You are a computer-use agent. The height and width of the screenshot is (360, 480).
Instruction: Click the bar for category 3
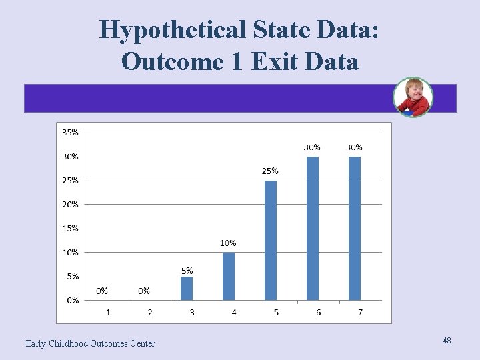(x=187, y=288)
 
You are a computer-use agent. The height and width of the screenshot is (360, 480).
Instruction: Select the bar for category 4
(x=229, y=276)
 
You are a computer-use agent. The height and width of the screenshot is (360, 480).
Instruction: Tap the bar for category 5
(x=271, y=240)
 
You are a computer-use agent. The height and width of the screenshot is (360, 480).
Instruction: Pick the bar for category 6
(x=313, y=228)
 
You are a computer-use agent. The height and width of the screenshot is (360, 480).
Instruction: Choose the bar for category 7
(x=355, y=228)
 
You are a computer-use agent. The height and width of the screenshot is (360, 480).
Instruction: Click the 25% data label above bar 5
(x=270, y=171)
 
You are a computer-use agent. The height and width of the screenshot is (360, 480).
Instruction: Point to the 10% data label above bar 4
(x=228, y=243)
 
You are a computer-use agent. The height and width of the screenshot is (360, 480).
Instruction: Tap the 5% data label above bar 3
(x=187, y=271)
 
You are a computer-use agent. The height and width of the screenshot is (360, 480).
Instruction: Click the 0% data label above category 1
(x=102, y=291)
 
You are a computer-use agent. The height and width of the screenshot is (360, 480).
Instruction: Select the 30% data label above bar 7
(x=355, y=147)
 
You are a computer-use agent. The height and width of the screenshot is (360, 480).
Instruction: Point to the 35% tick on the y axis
(x=70, y=133)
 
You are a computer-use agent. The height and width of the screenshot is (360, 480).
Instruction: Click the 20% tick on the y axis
(x=70, y=204)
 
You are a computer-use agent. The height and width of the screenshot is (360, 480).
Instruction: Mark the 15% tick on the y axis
(x=70, y=228)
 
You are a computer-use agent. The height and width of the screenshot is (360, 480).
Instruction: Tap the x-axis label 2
(x=150, y=312)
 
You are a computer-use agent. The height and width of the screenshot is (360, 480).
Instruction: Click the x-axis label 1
(x=108, y=312)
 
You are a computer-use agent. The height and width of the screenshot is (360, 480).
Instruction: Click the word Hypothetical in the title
(x=173, y=30)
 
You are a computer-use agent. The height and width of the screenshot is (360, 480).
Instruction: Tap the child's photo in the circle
(x=413, y=97)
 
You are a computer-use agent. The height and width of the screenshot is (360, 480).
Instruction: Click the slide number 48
(x=447, y=341)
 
